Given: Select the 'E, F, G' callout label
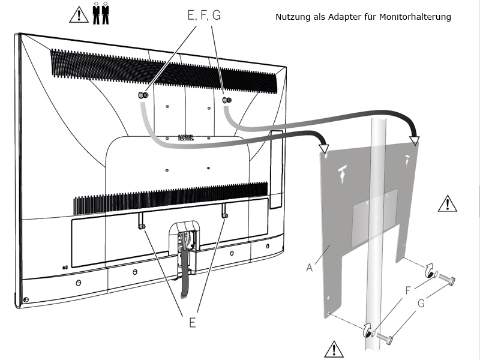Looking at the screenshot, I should click(204, 16).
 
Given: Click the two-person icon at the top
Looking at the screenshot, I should click(101, 14).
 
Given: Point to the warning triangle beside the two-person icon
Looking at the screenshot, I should click(79, 14).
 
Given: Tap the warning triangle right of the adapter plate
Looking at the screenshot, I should click(447, 203).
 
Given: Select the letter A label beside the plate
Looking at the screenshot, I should click(310, 268).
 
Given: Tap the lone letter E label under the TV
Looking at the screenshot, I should click(192, 322).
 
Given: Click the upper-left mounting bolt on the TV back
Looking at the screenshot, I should click(144, 95).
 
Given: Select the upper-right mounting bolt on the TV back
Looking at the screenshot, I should click(227, 100).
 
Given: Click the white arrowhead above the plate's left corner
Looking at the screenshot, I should click(325, 148).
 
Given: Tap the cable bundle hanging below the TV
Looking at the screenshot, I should click(184, 282).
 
